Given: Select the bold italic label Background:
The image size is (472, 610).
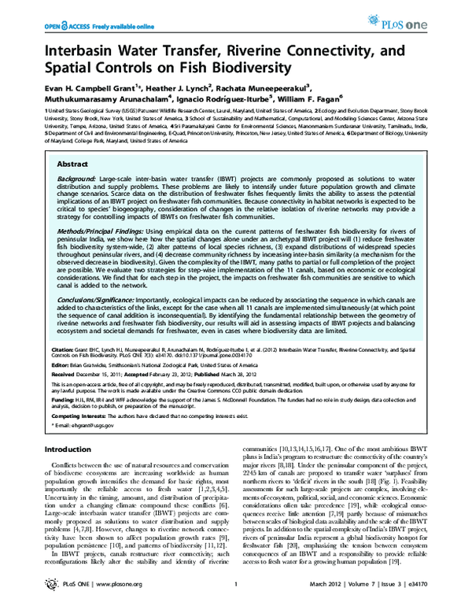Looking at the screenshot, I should pyautogui.click(x=81, y=180).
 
